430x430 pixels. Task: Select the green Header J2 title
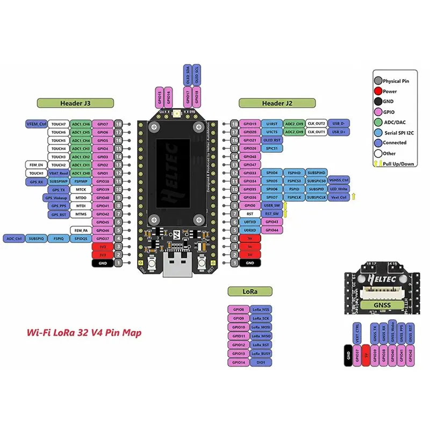pyautogui.click(x=277, y=103)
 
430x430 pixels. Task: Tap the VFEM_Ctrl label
pyautogui.click(x=37, y=124)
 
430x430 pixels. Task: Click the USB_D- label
pyautogui.click(x=339, y=124)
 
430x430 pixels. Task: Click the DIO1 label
pyautogui.click(x=261, y=362)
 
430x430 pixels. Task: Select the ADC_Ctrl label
pyautogui.click(x=14, y=238)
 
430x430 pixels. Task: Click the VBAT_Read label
pyautogui.click(x=59, y=173)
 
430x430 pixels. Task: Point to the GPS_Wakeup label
pyautogui.click(x=56, y=197)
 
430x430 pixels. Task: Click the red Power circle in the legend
pyautogui.click(x=378, y=91)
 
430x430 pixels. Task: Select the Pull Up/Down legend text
pyautogui.click(x=398, y=163)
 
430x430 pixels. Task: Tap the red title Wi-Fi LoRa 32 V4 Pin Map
pyautogui.click(x=84, y=333)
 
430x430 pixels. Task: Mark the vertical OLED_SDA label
pyautogui.click(x=188, y=77)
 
